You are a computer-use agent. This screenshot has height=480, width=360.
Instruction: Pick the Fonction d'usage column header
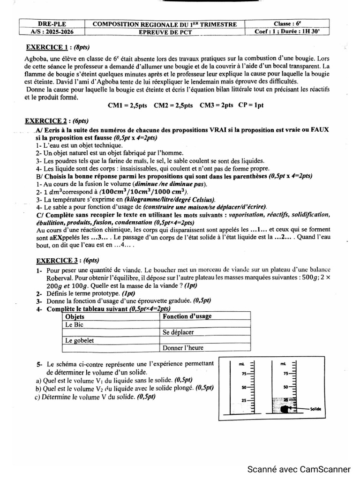[187, 316]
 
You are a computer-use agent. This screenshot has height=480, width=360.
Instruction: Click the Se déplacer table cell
[178, 332]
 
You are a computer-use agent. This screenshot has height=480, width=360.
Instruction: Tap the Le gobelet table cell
[79, 340]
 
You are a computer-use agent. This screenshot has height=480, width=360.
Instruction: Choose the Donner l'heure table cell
[183, 348]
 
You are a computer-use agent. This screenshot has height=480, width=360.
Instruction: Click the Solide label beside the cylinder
[315, 409]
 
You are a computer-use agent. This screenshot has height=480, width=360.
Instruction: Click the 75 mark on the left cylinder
[243, 374]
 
